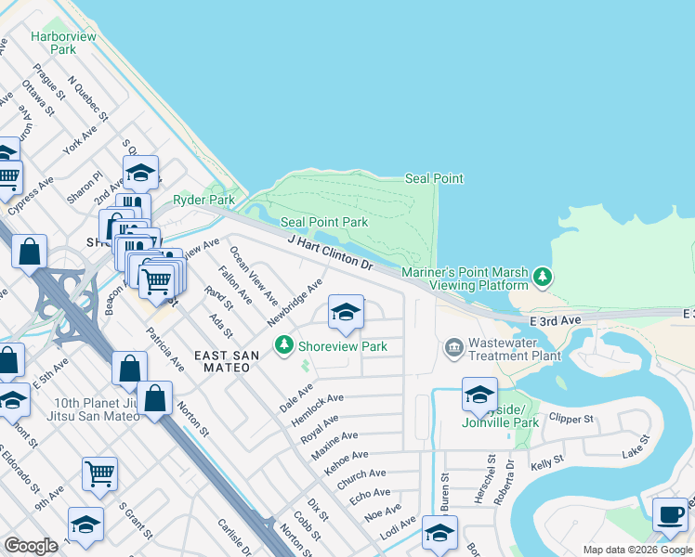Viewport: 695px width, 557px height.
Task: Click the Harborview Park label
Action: [53, 43]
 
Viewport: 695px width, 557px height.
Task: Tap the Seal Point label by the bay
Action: [434, 178]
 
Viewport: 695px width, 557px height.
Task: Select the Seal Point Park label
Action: [324, 222]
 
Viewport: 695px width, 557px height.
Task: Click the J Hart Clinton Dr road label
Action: [330, 253]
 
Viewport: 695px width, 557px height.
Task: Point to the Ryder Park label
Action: [203, 200]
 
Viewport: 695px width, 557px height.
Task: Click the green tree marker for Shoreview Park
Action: [284, 346]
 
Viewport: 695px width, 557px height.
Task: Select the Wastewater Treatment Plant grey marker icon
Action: [453, 348]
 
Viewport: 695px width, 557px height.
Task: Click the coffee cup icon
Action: [670, 514]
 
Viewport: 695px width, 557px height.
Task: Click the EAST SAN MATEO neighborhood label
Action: [222, 361]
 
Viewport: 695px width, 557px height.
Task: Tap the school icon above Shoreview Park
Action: [345, 313]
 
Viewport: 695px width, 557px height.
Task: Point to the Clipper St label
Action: [570, 419]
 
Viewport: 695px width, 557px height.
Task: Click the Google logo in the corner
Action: [31, 546]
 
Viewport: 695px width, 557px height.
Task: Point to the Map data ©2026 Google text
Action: [636, 550]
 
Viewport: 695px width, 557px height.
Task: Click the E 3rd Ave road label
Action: [555, 319]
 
